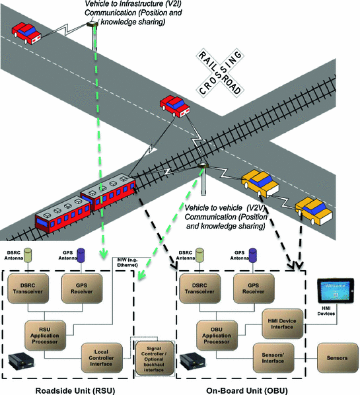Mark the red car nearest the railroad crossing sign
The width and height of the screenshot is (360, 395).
click(173, 105)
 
